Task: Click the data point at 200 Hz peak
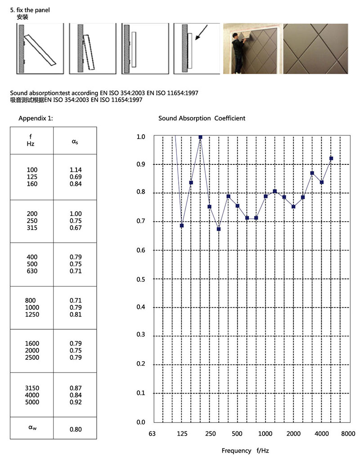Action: pos(200,137)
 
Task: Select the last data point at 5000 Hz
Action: pos(331,159)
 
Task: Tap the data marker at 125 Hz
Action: pos(182,225)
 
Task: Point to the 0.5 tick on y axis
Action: pos(141,279)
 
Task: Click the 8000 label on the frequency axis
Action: pos(348,434)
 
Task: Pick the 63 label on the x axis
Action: pos(152,434)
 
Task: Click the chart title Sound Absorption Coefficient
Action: pos(202,118)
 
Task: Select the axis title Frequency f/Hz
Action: pos(245,450)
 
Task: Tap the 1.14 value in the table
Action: pos(76,170)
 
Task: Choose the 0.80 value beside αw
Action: pos(76,429)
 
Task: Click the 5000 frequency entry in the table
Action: pos(32,402)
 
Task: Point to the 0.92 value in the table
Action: pos(76,402)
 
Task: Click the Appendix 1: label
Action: pos(36,118)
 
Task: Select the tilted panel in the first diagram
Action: pos(40,50)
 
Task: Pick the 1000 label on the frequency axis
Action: pos(265,434)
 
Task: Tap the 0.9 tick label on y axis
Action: pos(141,165)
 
